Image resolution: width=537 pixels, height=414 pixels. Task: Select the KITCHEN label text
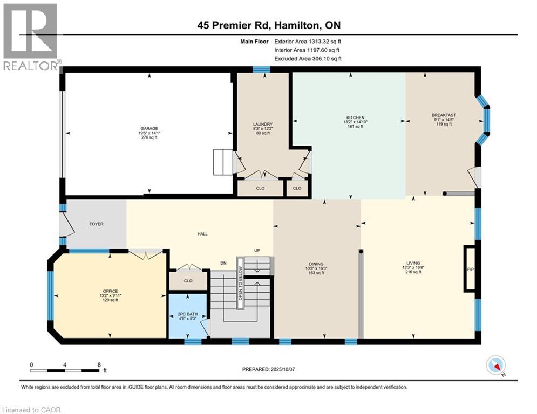(x=355, y=118)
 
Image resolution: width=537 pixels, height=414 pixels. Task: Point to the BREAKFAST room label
(x=444, y=115)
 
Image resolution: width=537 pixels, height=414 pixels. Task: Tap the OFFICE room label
(x=110, y=291)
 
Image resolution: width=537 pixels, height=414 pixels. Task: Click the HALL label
(x=202, y=234)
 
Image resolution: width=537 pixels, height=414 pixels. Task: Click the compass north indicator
(x=495, y=365)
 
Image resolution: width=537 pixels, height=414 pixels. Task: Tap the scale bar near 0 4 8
(x=65, y=370)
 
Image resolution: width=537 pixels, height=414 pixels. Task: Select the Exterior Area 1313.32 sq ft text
(x=308, y=41)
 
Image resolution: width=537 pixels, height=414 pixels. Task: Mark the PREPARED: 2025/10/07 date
(x=268, y=369)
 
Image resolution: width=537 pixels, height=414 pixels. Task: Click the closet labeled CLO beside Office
(x=188, y=281)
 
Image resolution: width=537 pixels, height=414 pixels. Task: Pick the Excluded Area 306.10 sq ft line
(x=308, y=59)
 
